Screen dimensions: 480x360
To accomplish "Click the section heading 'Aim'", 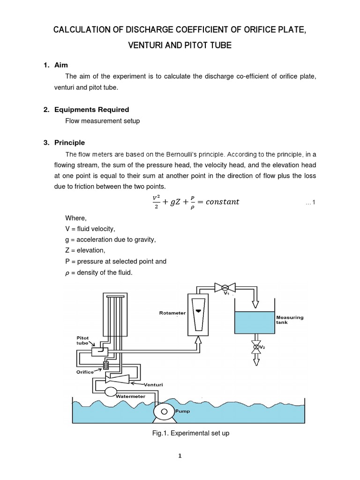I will click(61, 65).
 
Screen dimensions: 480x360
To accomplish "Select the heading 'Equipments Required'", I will click(91, 110).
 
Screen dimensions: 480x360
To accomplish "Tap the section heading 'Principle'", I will click(69, 142).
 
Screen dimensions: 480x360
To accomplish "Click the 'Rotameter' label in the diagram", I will click(172, 313).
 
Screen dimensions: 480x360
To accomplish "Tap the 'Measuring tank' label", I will click(289, 320).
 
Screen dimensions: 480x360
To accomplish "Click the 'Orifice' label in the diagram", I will click(85, 372).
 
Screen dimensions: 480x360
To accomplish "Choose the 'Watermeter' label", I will click(130, 396).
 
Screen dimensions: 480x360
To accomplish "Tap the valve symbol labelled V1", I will click(225, 286).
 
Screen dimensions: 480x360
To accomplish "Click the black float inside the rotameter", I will click(199, 311).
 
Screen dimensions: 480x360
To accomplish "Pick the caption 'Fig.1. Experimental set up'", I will click(188, 434).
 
